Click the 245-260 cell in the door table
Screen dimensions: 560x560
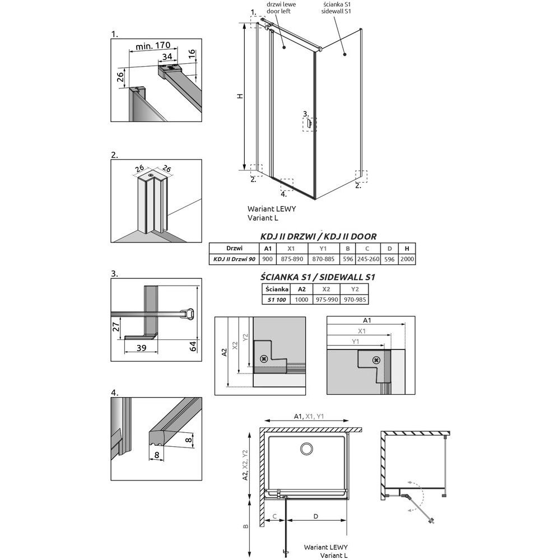click(367, 259)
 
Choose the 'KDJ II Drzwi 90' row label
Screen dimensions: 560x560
click(234, 259)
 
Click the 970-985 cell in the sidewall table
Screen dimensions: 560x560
click(354, 300)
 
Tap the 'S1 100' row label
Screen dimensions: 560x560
click(276, 300)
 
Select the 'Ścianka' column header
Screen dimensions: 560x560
click(276, 289)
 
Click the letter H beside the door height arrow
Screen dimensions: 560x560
click(239, 96)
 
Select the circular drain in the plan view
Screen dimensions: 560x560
click(307, 450)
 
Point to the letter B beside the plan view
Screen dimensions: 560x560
click(245, 526)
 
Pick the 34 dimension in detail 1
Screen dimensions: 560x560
click(167, 57)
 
